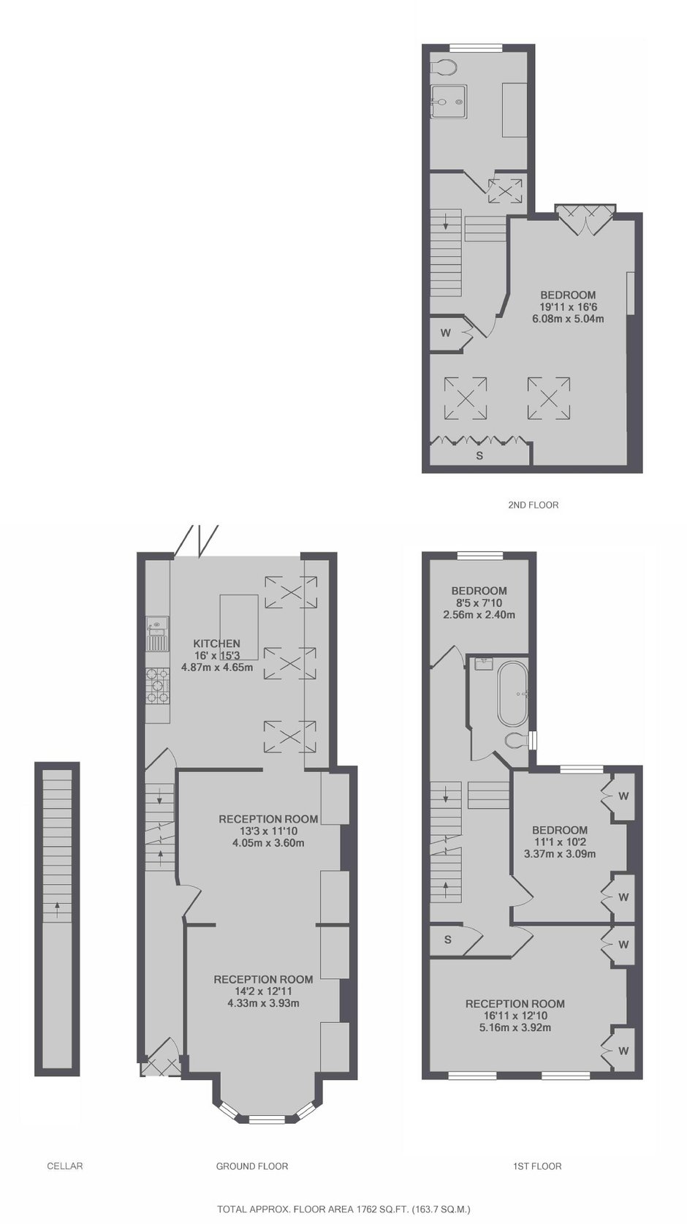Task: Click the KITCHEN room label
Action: coord(217,643)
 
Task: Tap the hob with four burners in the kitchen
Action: coord(158,686)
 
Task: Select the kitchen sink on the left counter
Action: coord(157,635)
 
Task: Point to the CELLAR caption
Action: coord(64,1166)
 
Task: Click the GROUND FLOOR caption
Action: coord(251,1166)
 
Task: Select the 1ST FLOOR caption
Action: coord(537,1166)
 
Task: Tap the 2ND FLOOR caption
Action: coord(533,505)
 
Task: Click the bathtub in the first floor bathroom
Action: coord(513,694)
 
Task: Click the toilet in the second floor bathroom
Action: coord(443,67)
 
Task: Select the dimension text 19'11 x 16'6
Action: coord(568,307)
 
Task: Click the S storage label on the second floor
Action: coord(479,456)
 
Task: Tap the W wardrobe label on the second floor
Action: coord(446,332)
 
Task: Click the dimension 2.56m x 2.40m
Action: coord(479,615)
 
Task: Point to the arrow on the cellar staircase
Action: coord(57,910)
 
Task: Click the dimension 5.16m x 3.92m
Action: coord(515,1027)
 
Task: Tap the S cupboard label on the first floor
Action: coord(448,940)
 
